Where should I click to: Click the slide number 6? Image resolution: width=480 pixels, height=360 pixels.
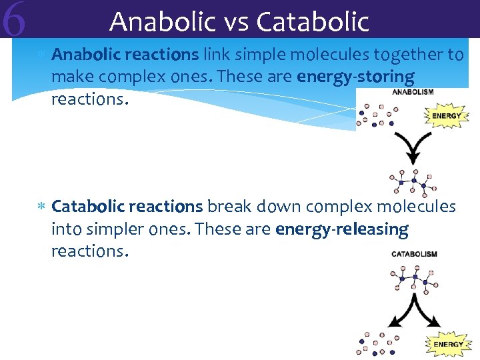tap(14, 20)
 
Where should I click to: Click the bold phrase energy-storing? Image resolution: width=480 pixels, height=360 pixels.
tap(355, 77)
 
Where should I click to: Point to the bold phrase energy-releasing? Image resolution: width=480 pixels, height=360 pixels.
tap(341, 229)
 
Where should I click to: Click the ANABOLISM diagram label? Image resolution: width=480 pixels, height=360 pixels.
tap(412, 93)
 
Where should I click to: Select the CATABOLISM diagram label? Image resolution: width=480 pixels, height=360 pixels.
tap(413, 254)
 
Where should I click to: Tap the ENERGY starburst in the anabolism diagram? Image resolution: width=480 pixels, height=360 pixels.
tap(446, 115)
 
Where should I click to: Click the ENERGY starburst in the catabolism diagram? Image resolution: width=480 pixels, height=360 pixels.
tap(448, 344)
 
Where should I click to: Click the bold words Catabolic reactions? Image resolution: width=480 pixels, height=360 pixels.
tap(127, 207)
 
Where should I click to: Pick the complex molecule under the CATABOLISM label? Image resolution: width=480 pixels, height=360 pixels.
tap(413, 277)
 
